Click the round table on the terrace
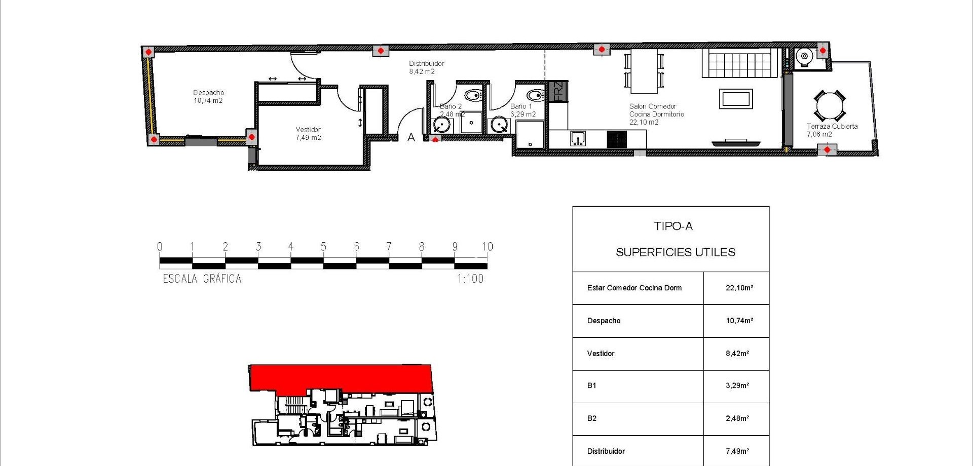830,106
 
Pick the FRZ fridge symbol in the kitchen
558,92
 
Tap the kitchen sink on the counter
578,138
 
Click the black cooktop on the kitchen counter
617,139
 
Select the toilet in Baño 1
535,95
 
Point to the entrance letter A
411,137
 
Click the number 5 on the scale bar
323,247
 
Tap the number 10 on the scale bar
487,247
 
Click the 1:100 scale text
470,279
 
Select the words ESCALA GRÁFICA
202,279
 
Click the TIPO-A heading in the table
673,226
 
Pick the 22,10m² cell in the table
739,288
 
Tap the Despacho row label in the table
604,321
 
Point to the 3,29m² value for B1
737,385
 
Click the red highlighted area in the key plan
341,377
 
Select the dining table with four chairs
644,71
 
